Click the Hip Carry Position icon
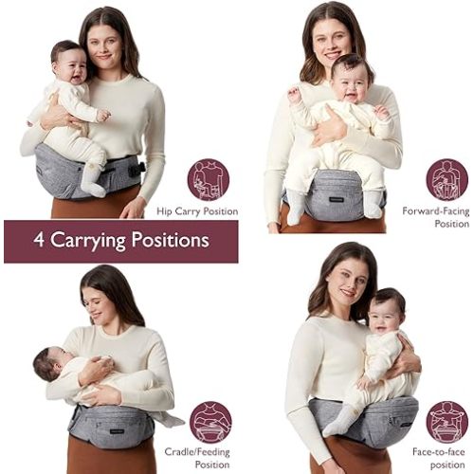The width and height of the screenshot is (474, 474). [209, 178]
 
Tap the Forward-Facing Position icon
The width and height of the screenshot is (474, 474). [446, 178]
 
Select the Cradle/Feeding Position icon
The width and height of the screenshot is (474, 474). [210, 422]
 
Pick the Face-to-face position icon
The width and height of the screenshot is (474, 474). [447, 422]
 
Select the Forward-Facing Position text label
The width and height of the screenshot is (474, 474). [436, 217]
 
